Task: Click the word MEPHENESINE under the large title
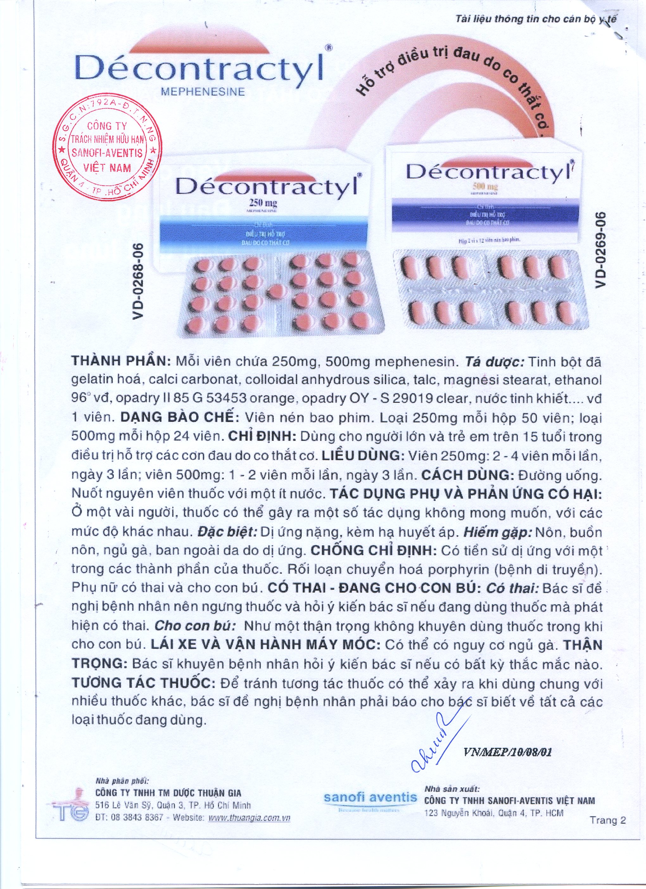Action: [203, 92]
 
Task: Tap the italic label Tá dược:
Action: [495, 361]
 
